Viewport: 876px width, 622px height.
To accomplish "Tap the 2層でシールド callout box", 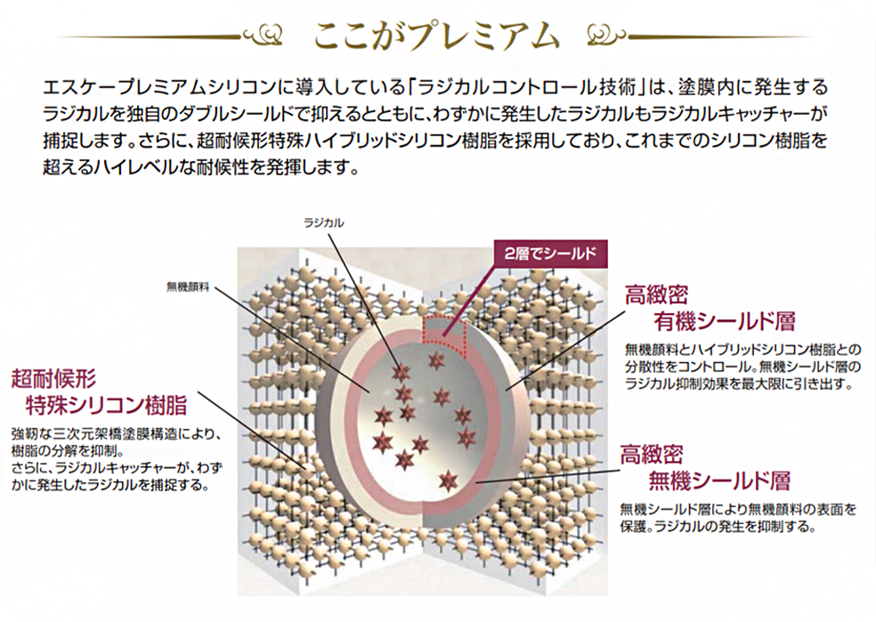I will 547,252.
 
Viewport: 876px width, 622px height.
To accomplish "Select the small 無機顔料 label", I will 186,287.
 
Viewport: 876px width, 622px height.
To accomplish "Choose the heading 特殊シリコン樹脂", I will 107,407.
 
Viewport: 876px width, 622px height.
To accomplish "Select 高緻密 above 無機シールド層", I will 652,456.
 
